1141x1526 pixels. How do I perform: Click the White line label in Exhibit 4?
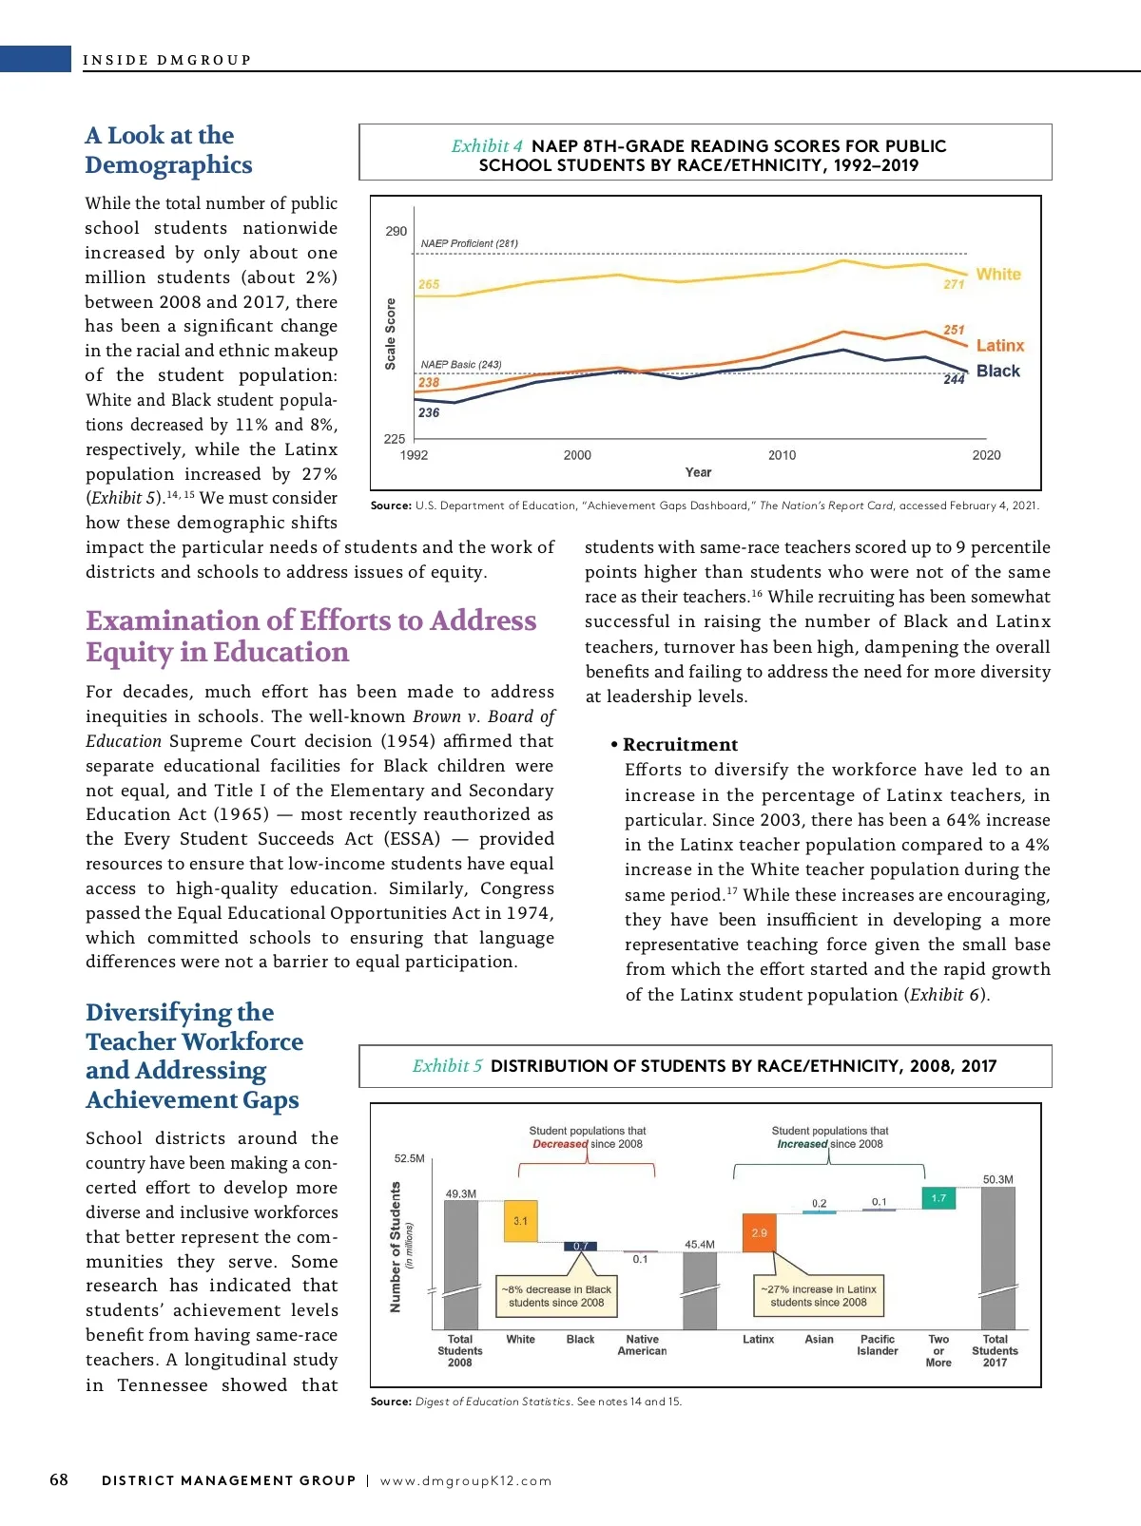click(x=997, y=274)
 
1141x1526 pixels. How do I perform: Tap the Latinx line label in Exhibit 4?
click(x=999, y=346)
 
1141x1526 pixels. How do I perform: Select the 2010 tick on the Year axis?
click(x=782, y=455)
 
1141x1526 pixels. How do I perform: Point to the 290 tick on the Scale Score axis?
click(x=396, y=231)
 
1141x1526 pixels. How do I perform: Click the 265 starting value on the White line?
click(x=429, y=284)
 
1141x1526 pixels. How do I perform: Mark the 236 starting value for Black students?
click(x=429, y=412)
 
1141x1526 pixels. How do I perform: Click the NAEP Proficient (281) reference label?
click(x=469, y=243)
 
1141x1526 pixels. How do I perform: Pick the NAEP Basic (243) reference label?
click(x=461, y=365)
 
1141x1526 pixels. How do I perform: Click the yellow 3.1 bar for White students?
click(x=520, y=1221)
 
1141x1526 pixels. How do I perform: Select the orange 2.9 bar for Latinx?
click(x=759, y=1232)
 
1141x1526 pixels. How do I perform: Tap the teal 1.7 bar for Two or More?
click(x=938, y=1198)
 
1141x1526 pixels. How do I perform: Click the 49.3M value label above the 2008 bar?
click(x=461, y=1193)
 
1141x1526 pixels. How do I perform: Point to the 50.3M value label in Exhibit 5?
click(x=997, y=1179)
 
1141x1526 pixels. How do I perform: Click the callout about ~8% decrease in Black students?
click(x=556, y=1296)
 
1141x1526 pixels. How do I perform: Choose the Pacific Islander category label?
click(x=878, y=1345)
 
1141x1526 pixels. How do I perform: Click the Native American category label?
click(x=642, y=1345)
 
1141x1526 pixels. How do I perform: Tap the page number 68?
click(x=59, y=1479)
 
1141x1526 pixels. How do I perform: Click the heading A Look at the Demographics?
click(x=168, y=150)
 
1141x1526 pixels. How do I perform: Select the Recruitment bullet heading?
click(x=680, y=745)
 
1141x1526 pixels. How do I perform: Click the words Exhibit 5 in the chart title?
click(x=447, y=1066)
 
